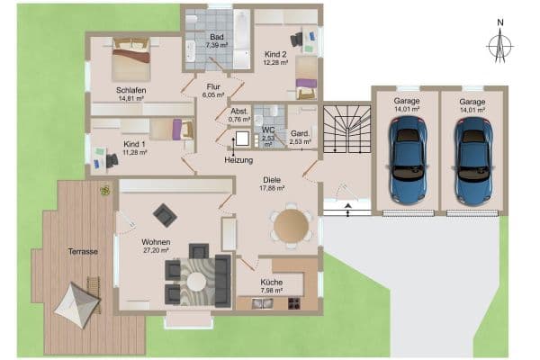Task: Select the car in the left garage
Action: [406, 160]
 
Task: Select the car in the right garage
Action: [472, 160]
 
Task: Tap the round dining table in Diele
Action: [290, 226]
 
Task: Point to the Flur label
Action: [213, 86]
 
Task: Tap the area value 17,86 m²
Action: [272, 188]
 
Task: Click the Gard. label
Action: [301, 133]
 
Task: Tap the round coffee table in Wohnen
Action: [195, 281]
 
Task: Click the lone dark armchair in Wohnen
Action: [165, 214]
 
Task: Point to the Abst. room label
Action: [238, 111]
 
